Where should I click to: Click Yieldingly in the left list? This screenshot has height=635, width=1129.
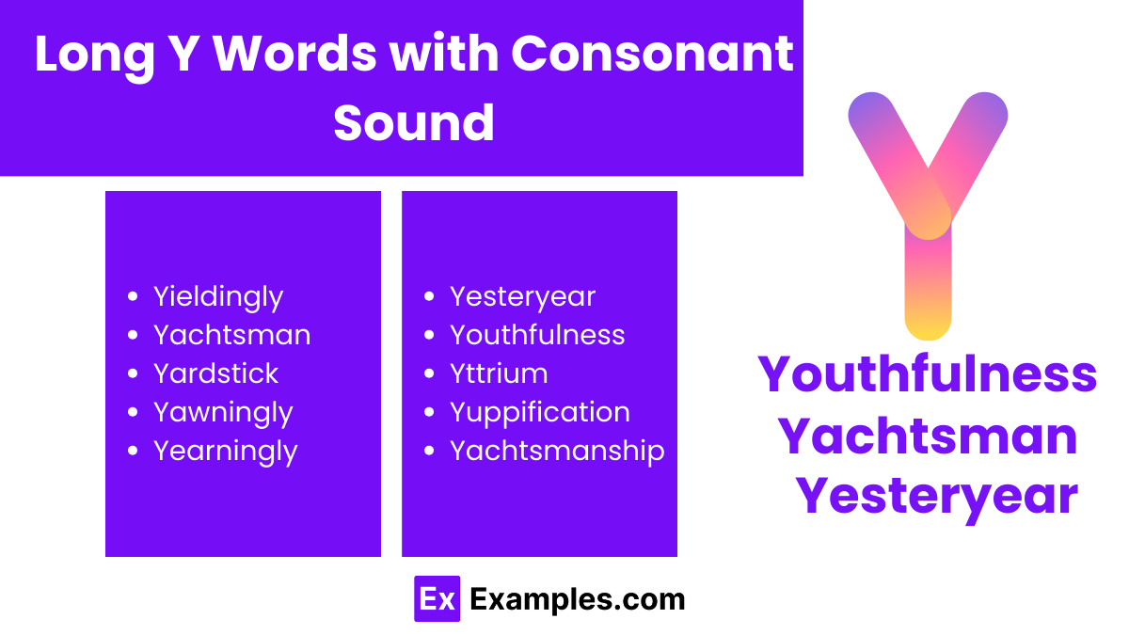coord(217,297)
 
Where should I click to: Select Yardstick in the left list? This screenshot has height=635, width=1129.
coord(215,373)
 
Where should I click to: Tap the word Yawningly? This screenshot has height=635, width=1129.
coord(223,412)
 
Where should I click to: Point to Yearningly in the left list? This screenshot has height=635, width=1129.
coord(225,452)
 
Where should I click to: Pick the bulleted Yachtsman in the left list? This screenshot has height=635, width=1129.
coord(231,335)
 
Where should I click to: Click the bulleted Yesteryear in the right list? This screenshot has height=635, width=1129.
coord(522,297)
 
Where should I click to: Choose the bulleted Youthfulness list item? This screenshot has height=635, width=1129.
coord(536,335)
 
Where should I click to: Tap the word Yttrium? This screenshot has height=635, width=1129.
coord(499,373)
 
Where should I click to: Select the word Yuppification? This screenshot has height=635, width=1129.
coord(539,412)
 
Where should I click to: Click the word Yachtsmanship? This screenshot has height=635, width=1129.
coord(557,451)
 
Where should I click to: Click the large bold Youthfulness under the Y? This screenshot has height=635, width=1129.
coord(928,374)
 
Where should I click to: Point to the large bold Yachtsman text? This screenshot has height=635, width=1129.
coord(928,435)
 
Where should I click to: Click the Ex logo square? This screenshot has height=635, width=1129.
coord(437,599)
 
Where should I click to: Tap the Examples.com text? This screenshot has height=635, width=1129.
coord(577,599)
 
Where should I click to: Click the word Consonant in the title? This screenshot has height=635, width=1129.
coord(652,55)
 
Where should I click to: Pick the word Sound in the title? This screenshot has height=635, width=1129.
coord(414,122)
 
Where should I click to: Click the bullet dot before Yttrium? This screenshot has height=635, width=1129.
coord(429,373)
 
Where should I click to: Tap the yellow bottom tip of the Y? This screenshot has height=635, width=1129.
coord(928,325)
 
